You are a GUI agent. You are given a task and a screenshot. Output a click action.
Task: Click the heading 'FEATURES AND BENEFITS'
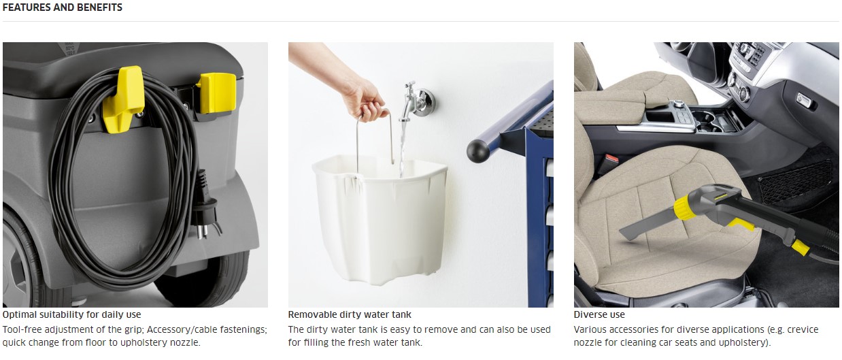click(63, 7)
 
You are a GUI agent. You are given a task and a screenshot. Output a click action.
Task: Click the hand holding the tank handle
click(360, 95)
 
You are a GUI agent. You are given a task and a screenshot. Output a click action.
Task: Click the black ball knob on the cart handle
click(478, 151)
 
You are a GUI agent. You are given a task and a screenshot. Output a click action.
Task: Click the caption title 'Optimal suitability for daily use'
click(71, 314)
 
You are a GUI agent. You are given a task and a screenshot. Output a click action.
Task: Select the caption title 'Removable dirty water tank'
click(349, 314)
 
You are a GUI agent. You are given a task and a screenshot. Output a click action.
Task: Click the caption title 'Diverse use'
click(599, 314)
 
